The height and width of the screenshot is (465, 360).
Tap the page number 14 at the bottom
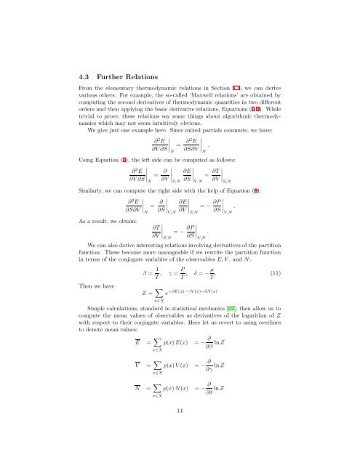[179, 432]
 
